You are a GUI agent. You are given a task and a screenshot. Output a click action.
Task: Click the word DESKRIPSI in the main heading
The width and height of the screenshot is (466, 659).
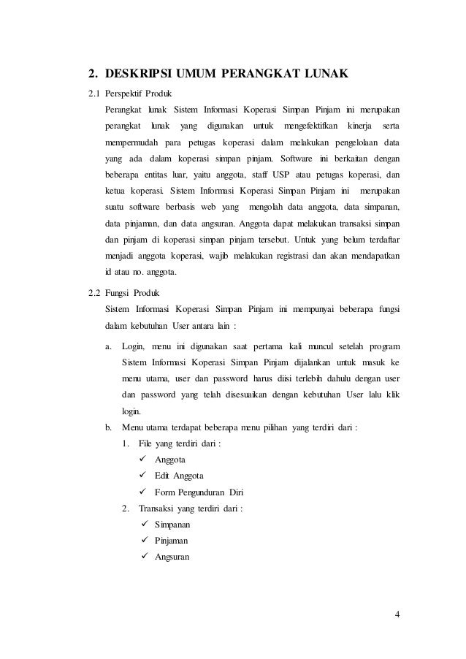point(140,74)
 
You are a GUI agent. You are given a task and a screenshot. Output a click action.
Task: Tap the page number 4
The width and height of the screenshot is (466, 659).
point(397,612)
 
